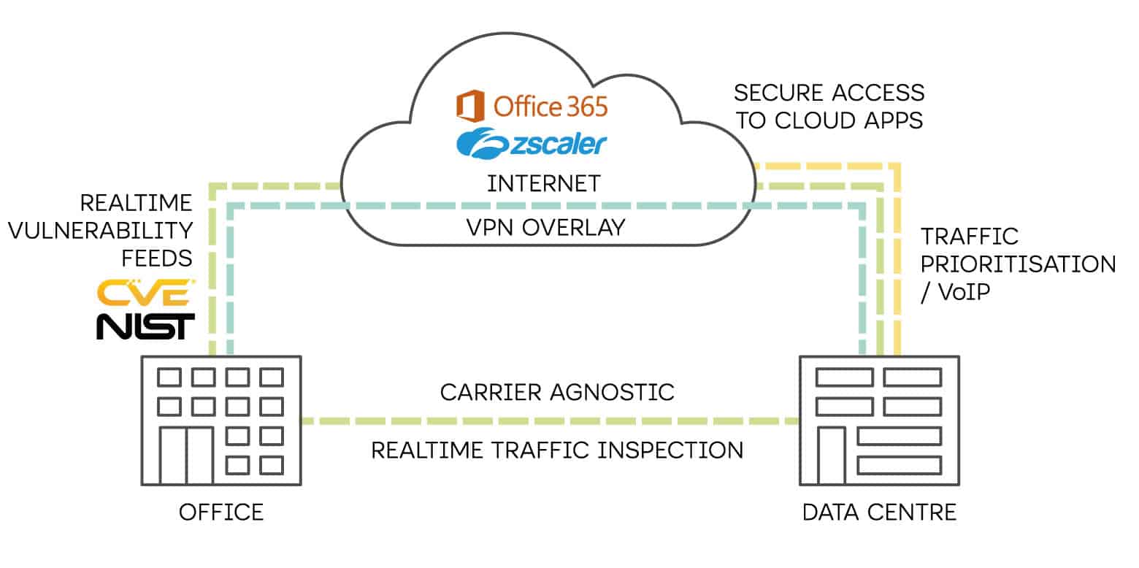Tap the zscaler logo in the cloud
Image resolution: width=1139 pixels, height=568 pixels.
pos(532,144)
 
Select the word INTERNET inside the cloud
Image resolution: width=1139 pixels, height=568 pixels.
pos(544,183)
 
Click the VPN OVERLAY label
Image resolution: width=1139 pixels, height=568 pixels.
pos(546,228)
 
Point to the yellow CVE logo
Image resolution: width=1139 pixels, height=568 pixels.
pos(146,292)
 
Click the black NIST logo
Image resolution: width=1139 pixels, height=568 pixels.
pos(146,326)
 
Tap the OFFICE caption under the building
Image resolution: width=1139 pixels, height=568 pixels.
pos(221,512)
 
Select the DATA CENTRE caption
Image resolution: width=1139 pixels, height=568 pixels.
pos(879,512)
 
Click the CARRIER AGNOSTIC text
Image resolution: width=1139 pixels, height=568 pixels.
pos(557,392)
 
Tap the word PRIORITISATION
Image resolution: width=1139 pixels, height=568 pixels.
pos(1019,264)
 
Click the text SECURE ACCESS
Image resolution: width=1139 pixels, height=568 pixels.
pos(829,93)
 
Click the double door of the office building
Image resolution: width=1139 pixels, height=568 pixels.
pos(186,456)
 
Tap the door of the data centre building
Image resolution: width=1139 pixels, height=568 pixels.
pos(831,456)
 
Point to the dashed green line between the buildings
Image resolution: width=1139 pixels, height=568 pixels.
pos(548,421)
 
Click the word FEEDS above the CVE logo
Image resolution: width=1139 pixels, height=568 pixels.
pos(157,258)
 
